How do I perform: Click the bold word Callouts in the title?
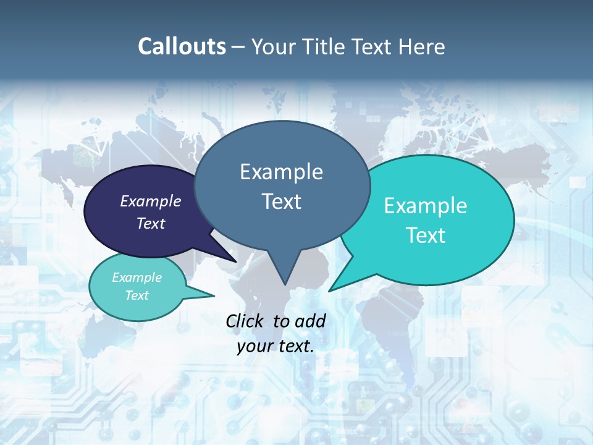[182, 47]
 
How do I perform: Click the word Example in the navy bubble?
[151, 201]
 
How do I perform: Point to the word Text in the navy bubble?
[151, 223]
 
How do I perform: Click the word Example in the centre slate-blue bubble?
[281, 172]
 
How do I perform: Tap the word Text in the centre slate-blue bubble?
[281, 201]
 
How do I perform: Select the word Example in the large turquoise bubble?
[426, 206]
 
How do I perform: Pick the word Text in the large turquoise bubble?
[426, 235]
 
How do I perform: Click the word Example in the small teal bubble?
[137, 278]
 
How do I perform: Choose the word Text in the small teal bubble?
[137, 295]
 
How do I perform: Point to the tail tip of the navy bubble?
[236, 261]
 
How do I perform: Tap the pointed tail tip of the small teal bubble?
[214, 296]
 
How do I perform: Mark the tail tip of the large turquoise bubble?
[329, 290]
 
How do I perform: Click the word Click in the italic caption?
[246, 321]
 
